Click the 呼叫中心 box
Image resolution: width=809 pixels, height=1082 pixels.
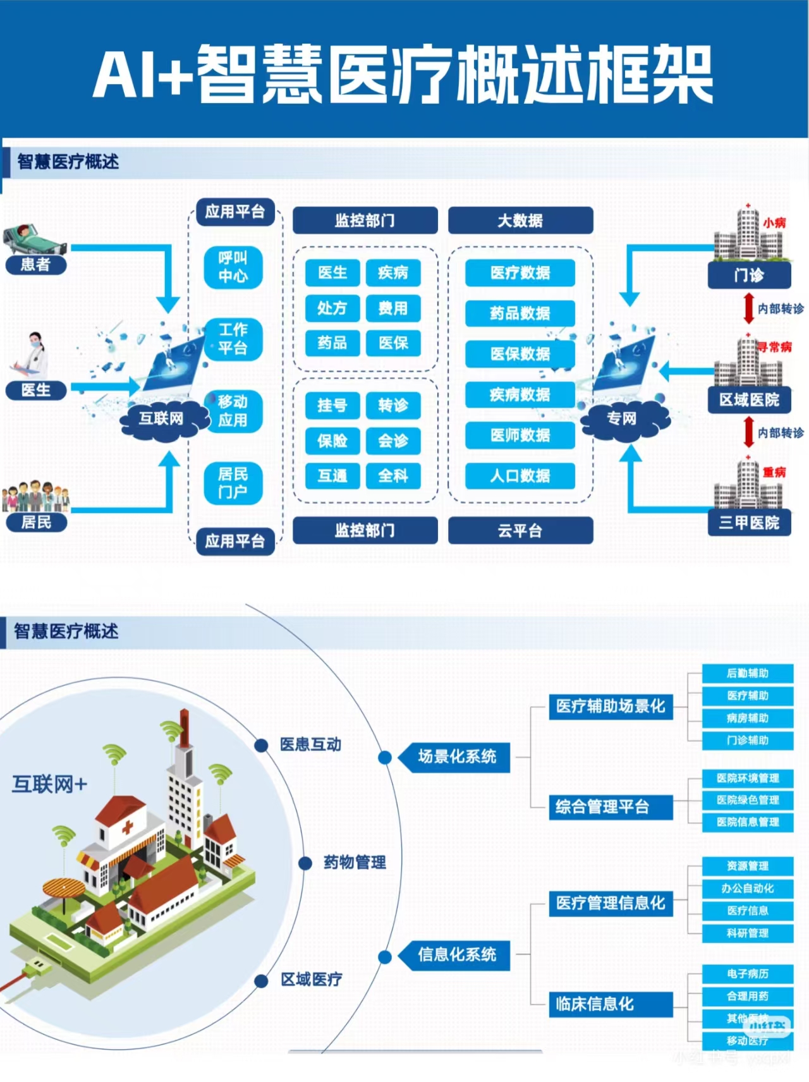[x=233, y=267]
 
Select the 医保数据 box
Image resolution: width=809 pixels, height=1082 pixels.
[x=520, y=354]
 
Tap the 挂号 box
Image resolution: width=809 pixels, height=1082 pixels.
[x=332, y=405]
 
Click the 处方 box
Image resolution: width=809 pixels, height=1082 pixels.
[x=332, y=308]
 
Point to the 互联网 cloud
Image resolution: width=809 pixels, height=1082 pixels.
[x=162, y=418]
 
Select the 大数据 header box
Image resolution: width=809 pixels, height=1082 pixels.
[x=520, y=221]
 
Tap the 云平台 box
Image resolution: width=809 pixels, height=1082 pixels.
[x=520, y=531]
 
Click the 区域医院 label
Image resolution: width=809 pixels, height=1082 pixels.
[x=749, y=399]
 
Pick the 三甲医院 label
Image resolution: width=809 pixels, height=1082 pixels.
[x=749, y=523]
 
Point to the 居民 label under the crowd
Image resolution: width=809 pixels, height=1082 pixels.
[x=36, y=522]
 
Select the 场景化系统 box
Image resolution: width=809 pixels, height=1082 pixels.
[x=456, y=757]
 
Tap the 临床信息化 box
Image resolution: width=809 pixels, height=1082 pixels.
[x=609, y=1004]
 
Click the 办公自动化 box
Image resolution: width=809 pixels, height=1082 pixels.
[x=748, y=888]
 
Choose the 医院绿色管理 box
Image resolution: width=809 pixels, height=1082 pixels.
[x=748, y=800]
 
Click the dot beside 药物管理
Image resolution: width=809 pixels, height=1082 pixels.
[x=305, y=863]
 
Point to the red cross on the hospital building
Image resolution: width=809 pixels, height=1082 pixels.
[x=127, y=827]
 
